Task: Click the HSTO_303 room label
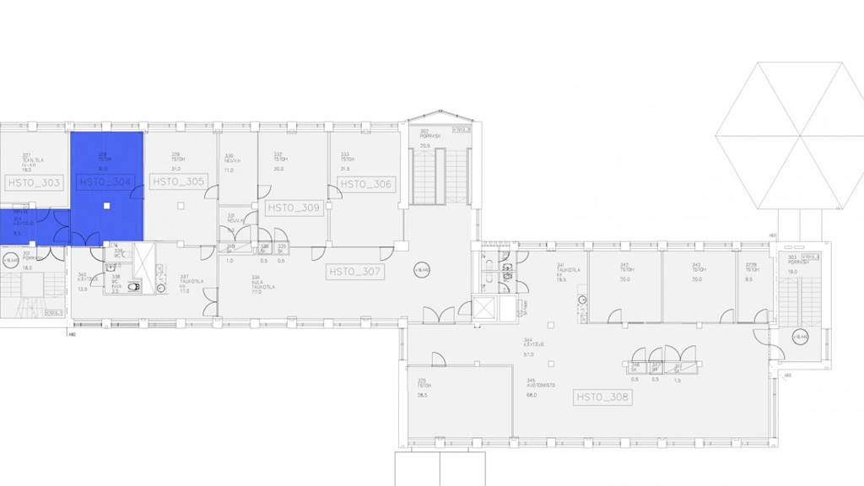34,182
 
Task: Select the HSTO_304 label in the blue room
105,181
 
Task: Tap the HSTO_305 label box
178,181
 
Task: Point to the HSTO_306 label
365,183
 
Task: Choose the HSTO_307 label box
355,273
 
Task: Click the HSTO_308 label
602,397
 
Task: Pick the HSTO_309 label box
294,208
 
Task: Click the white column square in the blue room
106,206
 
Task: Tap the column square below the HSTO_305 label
180,206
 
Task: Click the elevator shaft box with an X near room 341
487,310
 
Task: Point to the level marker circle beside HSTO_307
420,270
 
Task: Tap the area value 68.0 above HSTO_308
532,395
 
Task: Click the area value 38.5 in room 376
422,395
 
